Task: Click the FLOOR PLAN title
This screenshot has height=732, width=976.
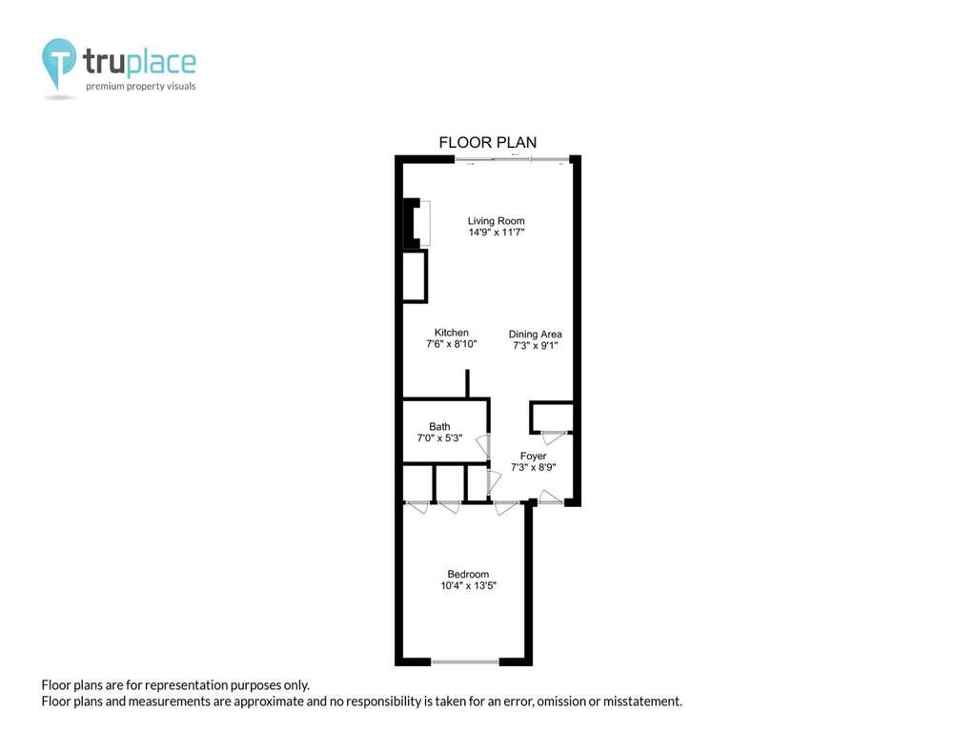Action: pyautogui.click(x=487, y=143)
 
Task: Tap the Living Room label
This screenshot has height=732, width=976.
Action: pyautogui.click(x=496, y=221)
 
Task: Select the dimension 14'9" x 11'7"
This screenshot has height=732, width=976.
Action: pyautogui.click(x=496, y=233)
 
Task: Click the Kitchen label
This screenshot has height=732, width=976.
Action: pyautogui.click(x=451, y=333)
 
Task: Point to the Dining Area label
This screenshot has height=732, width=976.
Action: pyautogui.click(x=535, y=335)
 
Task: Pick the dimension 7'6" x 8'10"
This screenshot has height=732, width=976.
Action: pyautogui.click(x=451, y=343)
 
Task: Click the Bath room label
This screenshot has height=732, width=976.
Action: pyautogui.click(x=439, y=426)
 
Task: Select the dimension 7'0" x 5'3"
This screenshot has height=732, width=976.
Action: pyautogui.click(x=439, y=437)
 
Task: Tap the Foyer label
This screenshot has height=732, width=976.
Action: pyautogui.click(x=533, y=457)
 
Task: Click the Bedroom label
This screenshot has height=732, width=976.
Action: pyautogui.click(x=468, y=574)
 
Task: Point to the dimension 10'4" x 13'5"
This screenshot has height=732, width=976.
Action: pyautogui.click(x=468, y=585)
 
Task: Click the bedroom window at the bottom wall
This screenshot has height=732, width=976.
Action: pyautogui.click(x=465, y=661)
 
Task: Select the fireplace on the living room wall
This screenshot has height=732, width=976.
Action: pyautogui.click(x=417, y=223)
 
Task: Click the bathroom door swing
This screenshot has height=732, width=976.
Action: pyautogui.click(x=482, y=446)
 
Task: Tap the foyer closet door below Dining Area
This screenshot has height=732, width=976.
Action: pyautogui.click(x=554, y=437)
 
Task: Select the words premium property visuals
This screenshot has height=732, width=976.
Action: pyautogui.click(x=141, y=86)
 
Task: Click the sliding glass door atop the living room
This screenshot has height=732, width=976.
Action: pyautogui.click(x=512, y=160)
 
